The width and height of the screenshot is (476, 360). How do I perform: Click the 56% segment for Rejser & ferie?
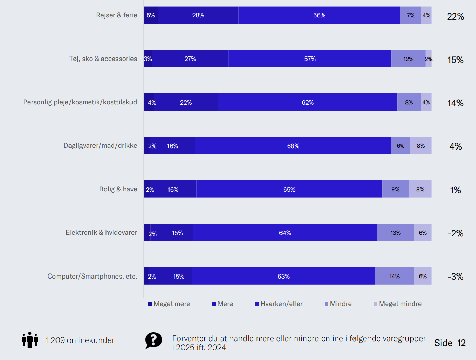point(319,15)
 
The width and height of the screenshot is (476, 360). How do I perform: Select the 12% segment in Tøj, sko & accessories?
point(408,59)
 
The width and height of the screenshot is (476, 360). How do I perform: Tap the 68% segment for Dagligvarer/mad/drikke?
point(293,146)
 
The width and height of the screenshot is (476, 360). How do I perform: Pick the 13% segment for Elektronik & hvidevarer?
point(396,233)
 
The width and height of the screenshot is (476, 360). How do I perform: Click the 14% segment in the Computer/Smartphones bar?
point(394,277)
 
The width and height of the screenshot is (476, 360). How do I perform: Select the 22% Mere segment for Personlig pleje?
point(186,103)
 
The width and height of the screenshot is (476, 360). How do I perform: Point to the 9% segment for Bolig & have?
point(396,190)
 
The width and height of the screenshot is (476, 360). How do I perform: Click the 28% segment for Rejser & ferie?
point(198,15)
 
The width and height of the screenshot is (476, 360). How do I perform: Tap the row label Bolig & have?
point(118,189)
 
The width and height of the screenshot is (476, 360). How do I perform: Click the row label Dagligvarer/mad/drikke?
point(100,146)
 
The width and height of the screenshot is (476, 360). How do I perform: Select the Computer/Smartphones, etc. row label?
point(92,277)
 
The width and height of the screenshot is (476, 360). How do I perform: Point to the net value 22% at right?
point(455,16)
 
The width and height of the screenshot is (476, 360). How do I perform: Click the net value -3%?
point(455,277)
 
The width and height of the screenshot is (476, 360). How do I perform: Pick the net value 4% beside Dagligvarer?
point(455,146)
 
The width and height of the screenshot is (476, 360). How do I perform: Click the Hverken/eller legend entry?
point(279,304)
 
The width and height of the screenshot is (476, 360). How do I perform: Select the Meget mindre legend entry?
point(398,304)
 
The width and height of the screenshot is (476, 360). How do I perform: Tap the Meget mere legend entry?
point(169,304)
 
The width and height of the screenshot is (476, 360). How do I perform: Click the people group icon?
point(30,340)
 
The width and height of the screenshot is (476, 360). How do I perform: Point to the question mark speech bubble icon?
point(153,340)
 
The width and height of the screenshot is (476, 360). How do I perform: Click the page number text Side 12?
point(450,343)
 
